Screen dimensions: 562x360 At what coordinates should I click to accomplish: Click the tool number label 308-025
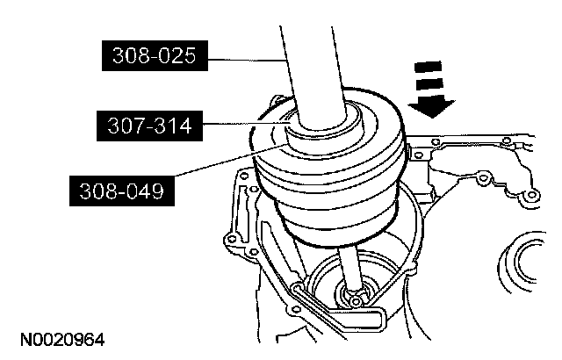[x=155, y=55]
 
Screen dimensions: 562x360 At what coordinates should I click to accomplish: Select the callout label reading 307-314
[x=149, y=126]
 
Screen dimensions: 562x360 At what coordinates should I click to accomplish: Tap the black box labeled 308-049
[x=122, y=191]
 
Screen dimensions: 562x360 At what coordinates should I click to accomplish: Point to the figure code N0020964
[x=62, y=340]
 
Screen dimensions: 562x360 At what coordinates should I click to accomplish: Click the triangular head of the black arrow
[x=431, y=108]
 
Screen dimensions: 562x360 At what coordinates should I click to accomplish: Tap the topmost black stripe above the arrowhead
[x=428, y=67]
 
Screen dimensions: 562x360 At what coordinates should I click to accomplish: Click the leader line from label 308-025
[x=248, y=61]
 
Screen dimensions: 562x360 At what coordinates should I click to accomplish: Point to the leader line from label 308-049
[x=232, y=160]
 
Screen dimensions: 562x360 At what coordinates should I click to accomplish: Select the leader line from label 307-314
[x=247, y=124]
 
